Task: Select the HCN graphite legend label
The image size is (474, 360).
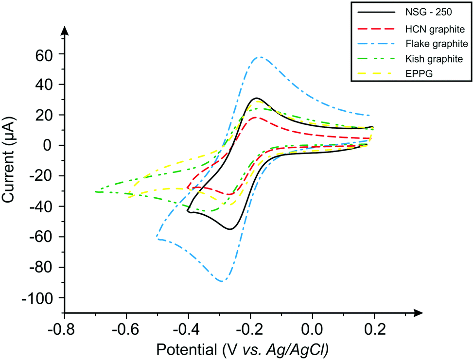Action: [434, 29]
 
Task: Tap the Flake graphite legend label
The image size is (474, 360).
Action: [437, 44]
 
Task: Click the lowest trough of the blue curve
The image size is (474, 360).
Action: [222, 281]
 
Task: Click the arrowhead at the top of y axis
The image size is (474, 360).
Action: [65, 30]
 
